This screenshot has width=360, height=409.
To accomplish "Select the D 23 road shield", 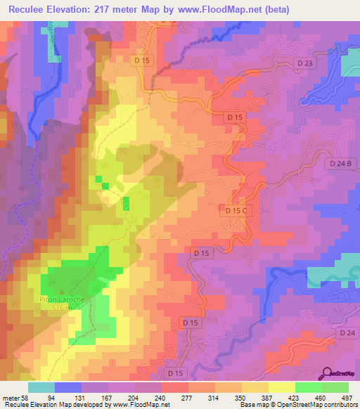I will click(x=304, y=63).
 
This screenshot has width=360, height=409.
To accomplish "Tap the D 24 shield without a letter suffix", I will click(x=345, y=332).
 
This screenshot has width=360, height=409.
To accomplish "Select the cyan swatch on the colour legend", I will click(x=41, y=387).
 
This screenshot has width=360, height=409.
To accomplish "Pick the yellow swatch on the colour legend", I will click(x=282, y=387).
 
